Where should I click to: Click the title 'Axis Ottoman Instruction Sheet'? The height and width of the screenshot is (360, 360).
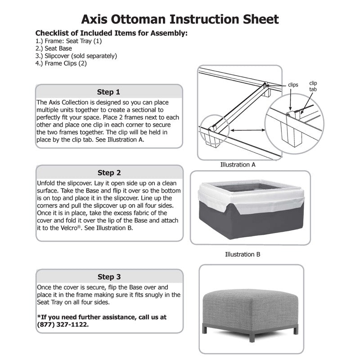tap(180, 19)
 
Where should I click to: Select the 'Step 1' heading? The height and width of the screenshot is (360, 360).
tap(109, 92)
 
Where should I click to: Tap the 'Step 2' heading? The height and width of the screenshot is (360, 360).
tap(109, 173)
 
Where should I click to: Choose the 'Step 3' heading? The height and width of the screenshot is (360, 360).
tap(109, 277)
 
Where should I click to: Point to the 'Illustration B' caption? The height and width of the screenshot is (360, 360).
tap(243, 254)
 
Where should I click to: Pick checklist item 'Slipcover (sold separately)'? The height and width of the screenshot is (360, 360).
tap(76, 56)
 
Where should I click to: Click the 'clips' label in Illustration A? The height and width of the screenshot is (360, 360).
tap(293, 85)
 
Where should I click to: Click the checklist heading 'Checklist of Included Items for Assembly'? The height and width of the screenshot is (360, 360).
tap(111, 33)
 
